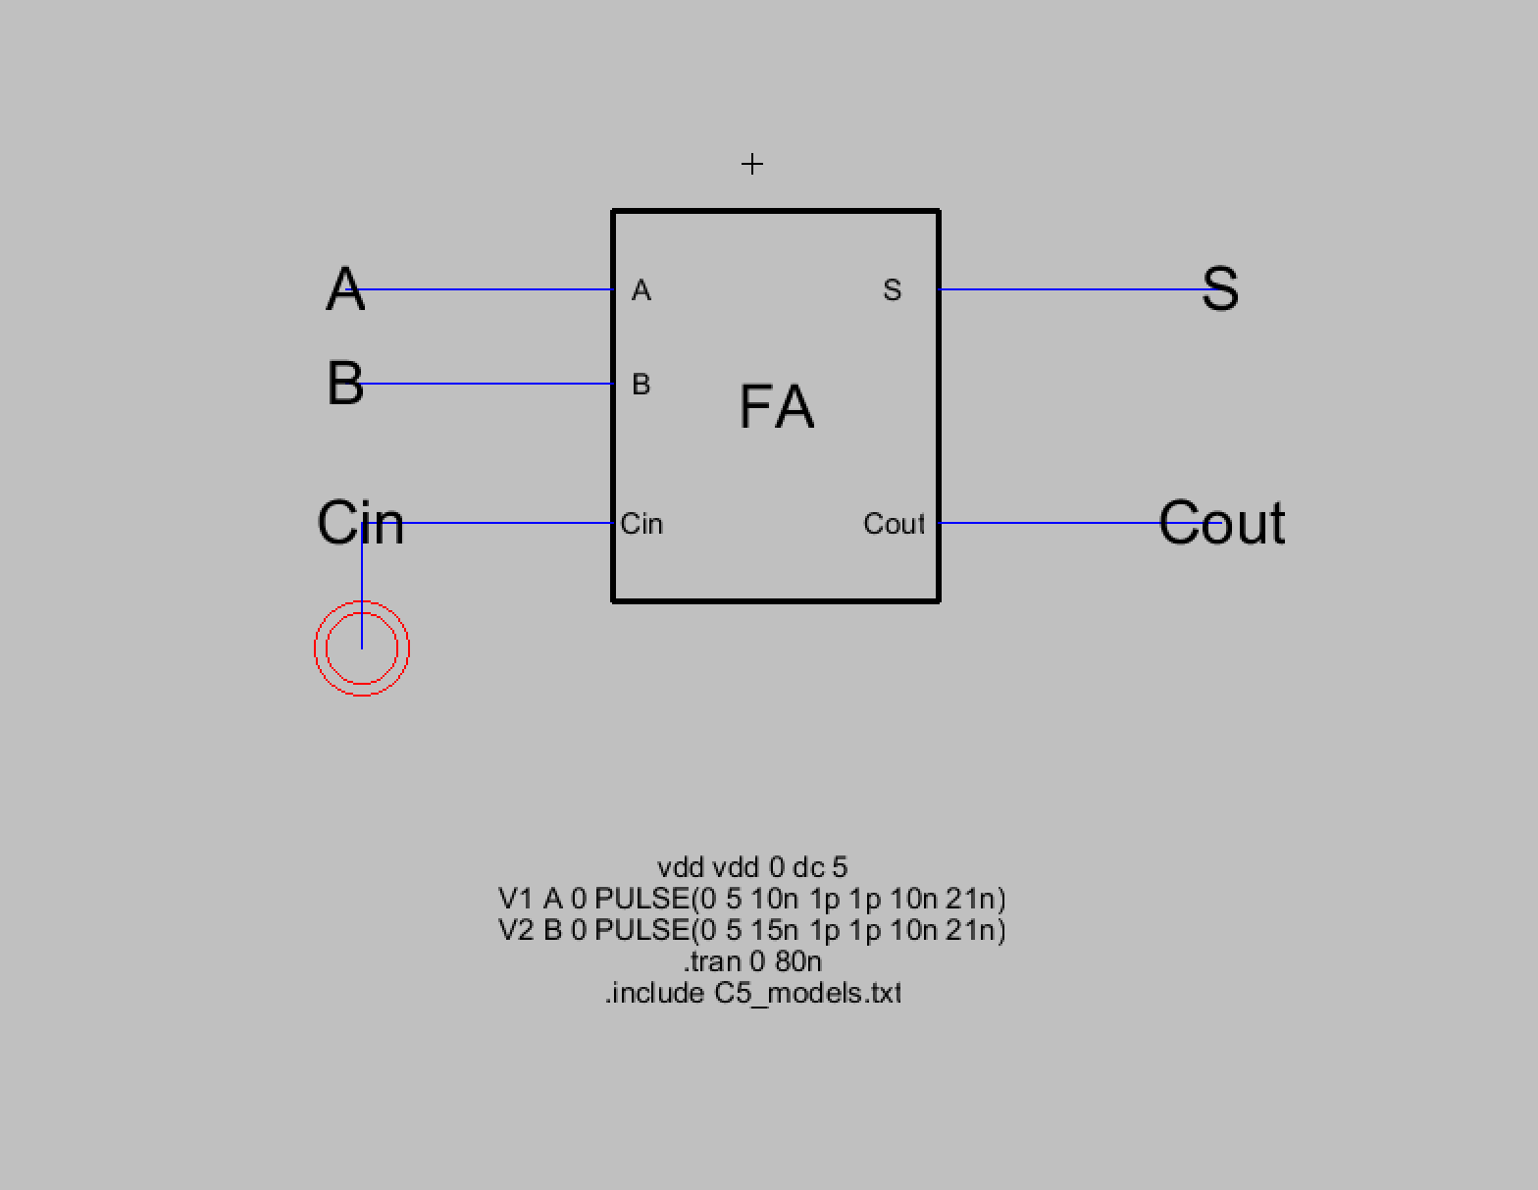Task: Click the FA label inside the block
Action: click(x=776, y=407)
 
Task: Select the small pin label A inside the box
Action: click(x=641, y=290)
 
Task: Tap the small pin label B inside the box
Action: click(x=641, y=385)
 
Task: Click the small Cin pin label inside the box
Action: click(x=641, y=524)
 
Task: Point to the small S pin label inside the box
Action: click(x=892, y=290)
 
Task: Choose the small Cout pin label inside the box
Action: click(x=894, y=524)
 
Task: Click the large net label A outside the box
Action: click(x=344, y=289)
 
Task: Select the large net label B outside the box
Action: click(x=344, y=384)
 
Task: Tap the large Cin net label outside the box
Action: click(x=360, y=523)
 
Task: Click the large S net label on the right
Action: click(x=1219, y=289)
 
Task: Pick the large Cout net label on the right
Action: click(x=1221, y=523)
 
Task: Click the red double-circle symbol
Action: click(x=362, y=648)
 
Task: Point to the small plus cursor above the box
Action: click(x=752, y=164)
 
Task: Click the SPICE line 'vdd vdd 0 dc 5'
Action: click(x=752, y=867)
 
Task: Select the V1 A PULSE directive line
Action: click(x=752, y=899)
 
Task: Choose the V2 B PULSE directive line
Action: click(x=752, y=930)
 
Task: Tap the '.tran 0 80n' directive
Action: click(x=752, y=961)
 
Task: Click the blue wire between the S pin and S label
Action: click(x=1069, y=289)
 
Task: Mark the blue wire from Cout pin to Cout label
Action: click(x=1050, y=523)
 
